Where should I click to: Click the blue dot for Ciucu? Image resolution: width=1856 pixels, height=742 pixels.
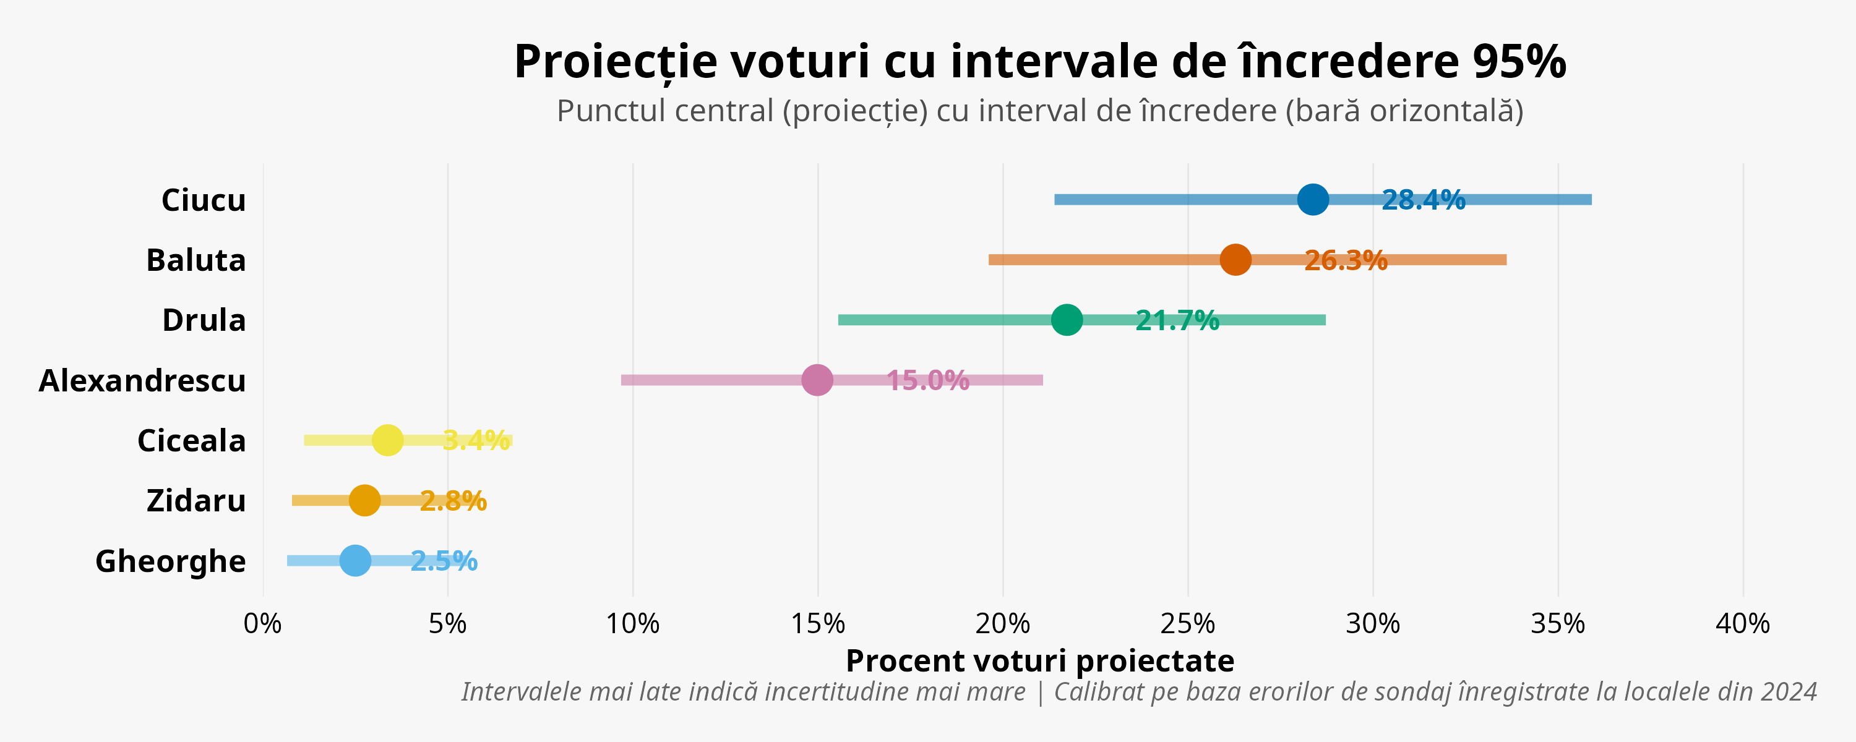pos(1313,200)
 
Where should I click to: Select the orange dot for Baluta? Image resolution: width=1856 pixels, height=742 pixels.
pos(1235,259)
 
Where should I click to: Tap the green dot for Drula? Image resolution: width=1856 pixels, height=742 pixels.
pos(1067,320)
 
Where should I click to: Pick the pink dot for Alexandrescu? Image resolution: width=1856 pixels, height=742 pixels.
pos(817,380)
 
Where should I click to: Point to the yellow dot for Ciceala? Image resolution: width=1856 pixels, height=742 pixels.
pos(388,440)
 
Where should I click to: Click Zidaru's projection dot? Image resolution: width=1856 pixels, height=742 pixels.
pos(364,500)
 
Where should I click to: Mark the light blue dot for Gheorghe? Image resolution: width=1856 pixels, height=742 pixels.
pos(355,560)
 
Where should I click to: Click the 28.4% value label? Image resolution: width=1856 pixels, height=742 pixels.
pos(1423,200)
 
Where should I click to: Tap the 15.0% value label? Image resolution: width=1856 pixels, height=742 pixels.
pos(927,380)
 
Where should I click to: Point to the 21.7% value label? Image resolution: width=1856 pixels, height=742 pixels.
pos(1177,320)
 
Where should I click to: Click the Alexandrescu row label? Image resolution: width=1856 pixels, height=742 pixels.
pos(142,380)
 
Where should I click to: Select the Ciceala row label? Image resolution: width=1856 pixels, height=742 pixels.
pos(191,441)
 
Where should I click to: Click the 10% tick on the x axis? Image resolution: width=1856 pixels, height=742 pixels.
pos(633,624)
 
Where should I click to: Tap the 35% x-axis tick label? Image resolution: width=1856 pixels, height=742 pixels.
pos(1558,624)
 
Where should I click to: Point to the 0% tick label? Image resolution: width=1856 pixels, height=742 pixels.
pos(262,624)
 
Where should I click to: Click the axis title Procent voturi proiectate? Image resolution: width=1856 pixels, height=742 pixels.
pos(1040,660)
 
